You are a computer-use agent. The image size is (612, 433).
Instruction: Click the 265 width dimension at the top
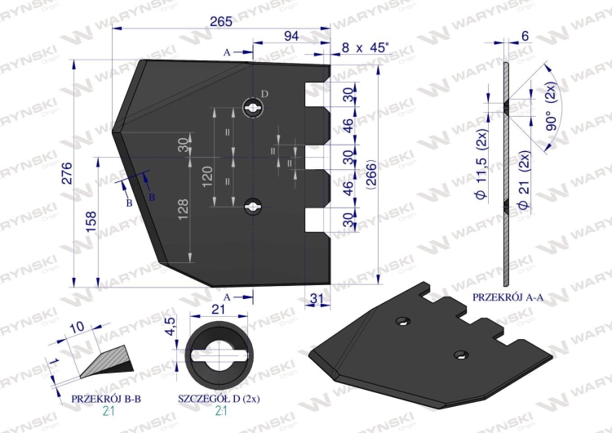coord(221,21)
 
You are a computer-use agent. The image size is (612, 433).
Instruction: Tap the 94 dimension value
coord(291,36)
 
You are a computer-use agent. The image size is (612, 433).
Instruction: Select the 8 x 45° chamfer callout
coord(366,47)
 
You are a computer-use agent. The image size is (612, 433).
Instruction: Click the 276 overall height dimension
coord(67,173)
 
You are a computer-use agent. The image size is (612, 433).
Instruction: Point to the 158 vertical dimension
coord(91,222)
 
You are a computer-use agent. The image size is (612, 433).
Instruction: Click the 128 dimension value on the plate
coord(183,209)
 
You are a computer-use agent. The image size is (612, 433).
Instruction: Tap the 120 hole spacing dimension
coord(207,176)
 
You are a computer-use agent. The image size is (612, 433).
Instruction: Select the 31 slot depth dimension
coord(317,299)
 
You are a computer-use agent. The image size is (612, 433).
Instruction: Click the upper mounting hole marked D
coord(252,107)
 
